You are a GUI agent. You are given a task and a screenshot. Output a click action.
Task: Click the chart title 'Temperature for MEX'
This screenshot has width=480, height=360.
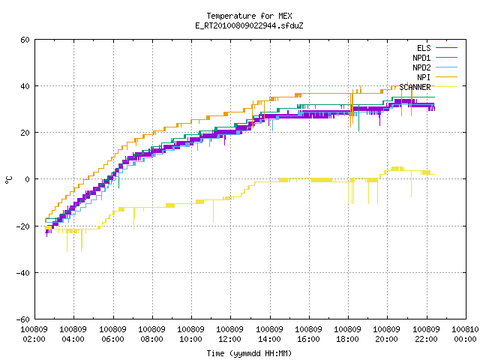249,16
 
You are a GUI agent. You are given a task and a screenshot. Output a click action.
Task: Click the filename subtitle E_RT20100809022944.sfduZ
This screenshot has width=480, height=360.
249,25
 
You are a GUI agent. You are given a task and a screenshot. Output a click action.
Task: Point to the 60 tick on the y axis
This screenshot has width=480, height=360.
25,40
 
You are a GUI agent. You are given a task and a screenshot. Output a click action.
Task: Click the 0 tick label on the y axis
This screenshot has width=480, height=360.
27,179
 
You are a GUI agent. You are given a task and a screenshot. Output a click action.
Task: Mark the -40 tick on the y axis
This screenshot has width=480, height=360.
23,273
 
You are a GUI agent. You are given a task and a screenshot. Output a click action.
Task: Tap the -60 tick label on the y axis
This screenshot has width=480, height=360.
23,319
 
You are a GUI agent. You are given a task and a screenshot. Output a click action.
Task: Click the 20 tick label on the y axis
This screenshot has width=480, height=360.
25,133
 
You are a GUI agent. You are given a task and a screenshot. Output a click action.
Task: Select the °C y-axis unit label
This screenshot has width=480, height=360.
8,180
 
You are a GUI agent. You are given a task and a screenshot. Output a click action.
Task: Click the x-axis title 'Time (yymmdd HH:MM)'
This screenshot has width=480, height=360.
249,353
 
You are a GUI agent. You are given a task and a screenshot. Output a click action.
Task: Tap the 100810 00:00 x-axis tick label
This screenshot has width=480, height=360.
465,334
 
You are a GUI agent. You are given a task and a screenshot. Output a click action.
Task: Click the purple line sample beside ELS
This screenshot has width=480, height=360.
446,48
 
